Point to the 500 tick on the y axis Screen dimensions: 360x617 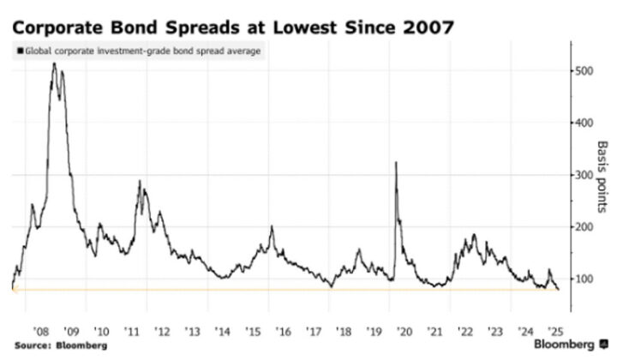pos(585,71)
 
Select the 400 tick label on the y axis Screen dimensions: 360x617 pos(585,123)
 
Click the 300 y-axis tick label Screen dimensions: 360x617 pos(585,175)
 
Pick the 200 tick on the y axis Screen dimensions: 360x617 pos(585,227)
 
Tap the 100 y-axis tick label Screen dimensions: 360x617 pos(585,279)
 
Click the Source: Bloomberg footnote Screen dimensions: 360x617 pos(59,345)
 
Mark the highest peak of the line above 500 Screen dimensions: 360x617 pos(54,63)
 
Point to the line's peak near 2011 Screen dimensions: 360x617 pos(139,181)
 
